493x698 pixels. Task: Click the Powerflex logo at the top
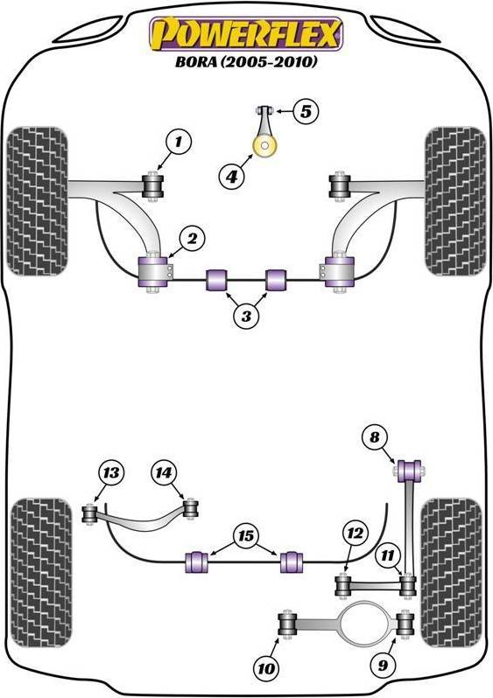(x=247, y=34)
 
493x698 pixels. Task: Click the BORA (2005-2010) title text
(x=246, y=61)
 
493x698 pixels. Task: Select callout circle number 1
(x=179, y=142)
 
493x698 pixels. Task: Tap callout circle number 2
(x=192, y=240)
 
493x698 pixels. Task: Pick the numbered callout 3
(x=246, y=316)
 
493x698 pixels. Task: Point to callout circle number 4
(x=231, y=178)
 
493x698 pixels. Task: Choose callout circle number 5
(x=306, y=111)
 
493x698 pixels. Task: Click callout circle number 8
(x=375, y=437)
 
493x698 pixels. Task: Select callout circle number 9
(x=383, y=665)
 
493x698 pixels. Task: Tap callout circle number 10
(x=266, y=668)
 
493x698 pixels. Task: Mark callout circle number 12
(x=356, y=534)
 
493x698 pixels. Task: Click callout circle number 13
(x=111, y=472)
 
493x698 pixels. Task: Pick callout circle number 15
(x=245, y=536)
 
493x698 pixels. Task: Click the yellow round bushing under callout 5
(x=264, y=146)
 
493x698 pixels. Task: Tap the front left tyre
(x=38, y=201)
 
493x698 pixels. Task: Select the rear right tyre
(x=451, y=572)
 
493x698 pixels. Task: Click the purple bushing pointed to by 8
(x=409, y=471)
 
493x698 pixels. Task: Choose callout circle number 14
(x=164, y=472)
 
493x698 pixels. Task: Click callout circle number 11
(x=387, y=555)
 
